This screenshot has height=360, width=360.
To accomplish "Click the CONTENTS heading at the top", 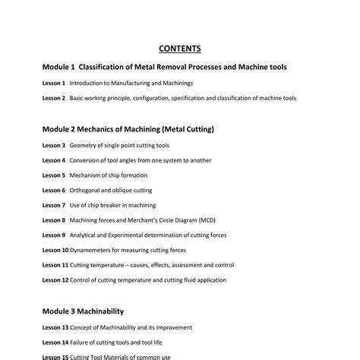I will pyautogui.click(x=180, y=49).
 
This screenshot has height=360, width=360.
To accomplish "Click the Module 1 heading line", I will pyautogui.click(x=164, y=67).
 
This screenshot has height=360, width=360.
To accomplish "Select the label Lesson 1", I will pyautogui.click(x=53, y=83).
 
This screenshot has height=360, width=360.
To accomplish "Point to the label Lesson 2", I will pyautogui.click(x=53, y=98).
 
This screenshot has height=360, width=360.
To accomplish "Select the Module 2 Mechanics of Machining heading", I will pyautogui.click(x=128, y=129).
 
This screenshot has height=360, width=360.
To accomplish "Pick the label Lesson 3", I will pyautogui.click(x=53, y=145).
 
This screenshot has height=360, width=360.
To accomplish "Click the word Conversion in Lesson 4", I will pyautogui.click(x=86, y=160).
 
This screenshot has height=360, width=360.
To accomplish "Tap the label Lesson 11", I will pyautogui.click(x=55, y=265).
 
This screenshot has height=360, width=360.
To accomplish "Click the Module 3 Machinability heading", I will pyautogui.click(x=83, y=311).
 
